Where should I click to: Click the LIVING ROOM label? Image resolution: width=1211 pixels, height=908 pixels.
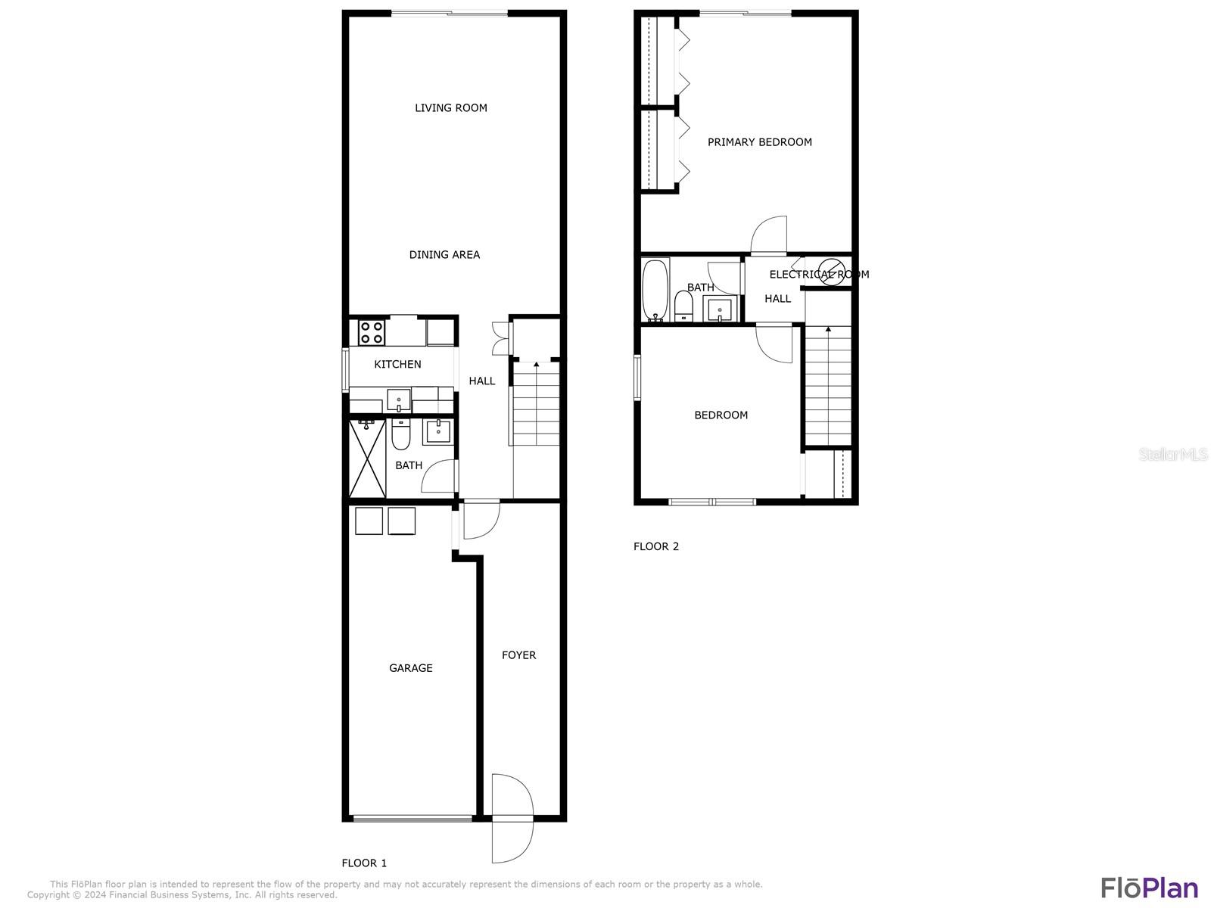click(x=451, y=108)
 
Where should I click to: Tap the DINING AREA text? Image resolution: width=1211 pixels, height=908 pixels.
click(x=444, y=255)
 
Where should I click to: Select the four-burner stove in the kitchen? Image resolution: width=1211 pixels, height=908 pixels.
click(x=372, y=332)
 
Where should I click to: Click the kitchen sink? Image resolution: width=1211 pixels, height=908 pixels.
click(x=398, y=400)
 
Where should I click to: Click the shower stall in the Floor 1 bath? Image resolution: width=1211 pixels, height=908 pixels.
click(x=367, y=459)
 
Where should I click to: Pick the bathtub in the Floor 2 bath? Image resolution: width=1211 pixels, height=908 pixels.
click(x=655, y=290)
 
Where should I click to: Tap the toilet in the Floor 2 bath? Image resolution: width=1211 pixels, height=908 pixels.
click(x=683, y=306)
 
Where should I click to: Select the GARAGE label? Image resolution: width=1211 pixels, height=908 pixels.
click(x=410, y=668)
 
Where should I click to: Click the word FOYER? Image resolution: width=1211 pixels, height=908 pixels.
click(x=518, y=655)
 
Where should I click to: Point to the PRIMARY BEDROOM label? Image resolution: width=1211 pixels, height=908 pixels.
click(x=760, y=142)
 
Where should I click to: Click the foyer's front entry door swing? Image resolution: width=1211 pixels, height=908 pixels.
click(x=513, y=818)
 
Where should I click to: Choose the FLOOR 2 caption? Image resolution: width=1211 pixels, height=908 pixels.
click(x=656, y=546)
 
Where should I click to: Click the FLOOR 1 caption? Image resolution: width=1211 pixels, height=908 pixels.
click(x=364, y=863)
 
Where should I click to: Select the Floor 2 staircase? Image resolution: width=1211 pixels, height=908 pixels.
click(x=828, y=386)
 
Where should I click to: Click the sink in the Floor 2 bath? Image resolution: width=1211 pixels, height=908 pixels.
click(x=720, y=309)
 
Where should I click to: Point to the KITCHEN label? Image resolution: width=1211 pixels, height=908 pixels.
click(x=397, y=365)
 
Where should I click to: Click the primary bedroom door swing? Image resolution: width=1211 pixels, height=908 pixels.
click(x=768, y=235)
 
